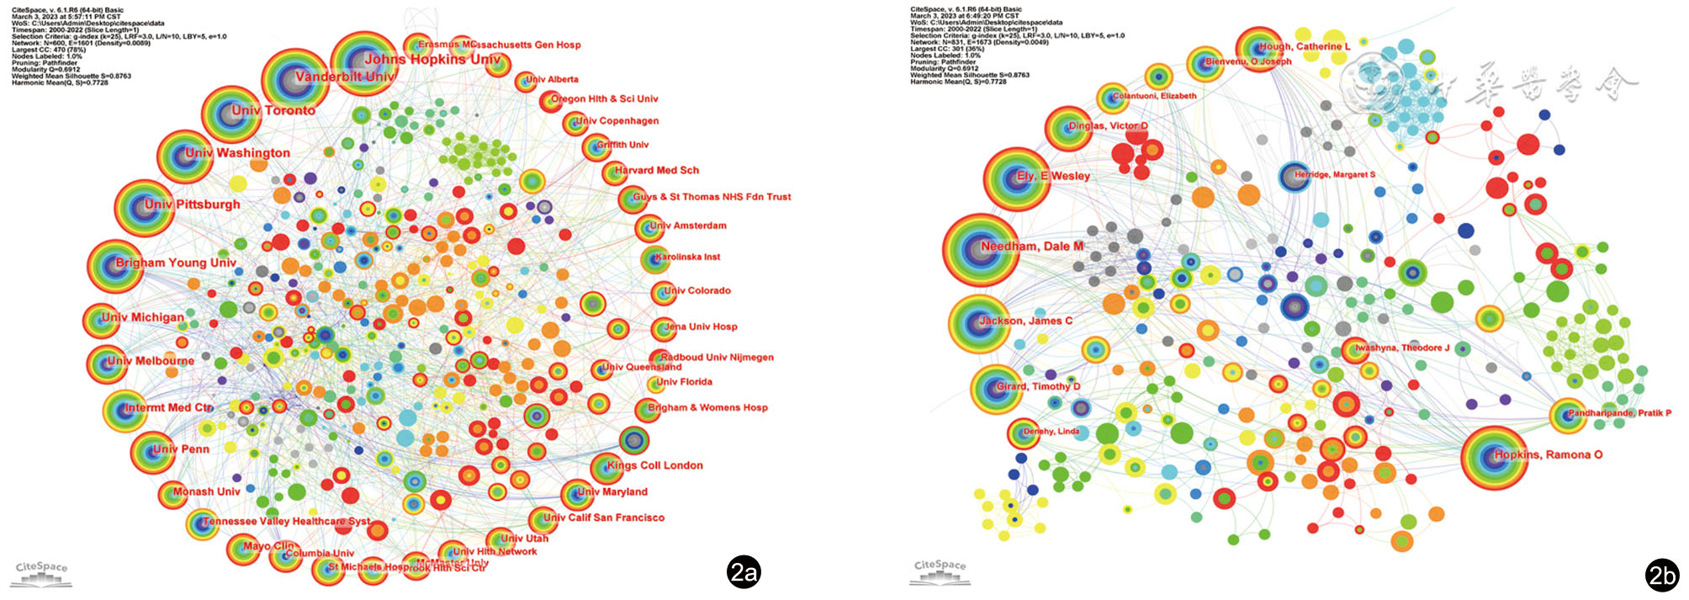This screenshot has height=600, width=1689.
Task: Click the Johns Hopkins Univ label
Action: click(x=433, y=59)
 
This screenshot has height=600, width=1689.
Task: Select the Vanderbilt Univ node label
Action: click(x=345, y=77)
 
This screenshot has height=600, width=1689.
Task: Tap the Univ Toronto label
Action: click(x=273, y=110)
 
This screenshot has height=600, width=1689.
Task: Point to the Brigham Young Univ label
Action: click(x=176, y=263)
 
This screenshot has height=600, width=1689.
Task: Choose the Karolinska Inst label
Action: click(x=687, y=257)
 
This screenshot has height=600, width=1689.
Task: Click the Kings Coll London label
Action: click(x=654, y=465)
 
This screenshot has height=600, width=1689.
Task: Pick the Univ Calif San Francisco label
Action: click(x=603, y=518)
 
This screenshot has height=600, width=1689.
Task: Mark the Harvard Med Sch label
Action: click(x=656, y=170)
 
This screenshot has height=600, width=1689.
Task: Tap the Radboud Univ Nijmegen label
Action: click(x=717, y=357)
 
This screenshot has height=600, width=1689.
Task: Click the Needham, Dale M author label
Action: click(x=1032, y=247)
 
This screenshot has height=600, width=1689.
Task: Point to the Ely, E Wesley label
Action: click(x=1053, y=176)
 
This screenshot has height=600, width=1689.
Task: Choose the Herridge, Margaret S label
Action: click(x=1334, y=175)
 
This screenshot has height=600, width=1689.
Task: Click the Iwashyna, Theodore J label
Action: click(x=1401, y=348)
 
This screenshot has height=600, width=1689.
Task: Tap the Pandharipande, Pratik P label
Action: click(x=1619, y=413)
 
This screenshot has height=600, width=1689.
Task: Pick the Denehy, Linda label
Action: click(x=1051, y=432)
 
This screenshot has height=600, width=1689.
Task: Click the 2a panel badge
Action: click(x=744, y=572)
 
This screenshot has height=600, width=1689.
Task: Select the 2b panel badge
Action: click(x=1662, y=575)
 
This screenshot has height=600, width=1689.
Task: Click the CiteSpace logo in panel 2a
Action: click(x=42, y=572)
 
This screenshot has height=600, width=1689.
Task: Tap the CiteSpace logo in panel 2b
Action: click(x=940, y=571)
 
